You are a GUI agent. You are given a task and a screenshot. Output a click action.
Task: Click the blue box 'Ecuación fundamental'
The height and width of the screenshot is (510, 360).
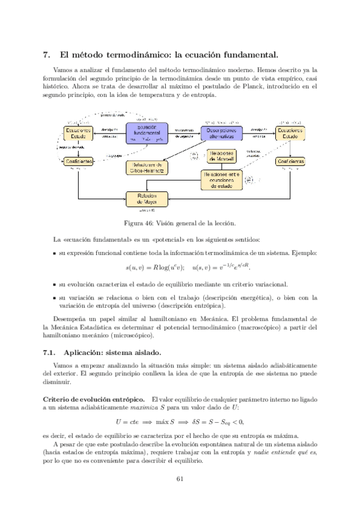pos(147,133)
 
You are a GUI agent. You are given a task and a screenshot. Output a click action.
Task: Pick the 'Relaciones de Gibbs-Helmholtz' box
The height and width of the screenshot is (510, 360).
pos(147,167)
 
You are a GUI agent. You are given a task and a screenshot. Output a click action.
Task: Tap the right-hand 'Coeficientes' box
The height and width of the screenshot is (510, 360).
pos(291,162)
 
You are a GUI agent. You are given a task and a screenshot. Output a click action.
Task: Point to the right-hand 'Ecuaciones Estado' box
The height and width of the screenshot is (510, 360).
pos(291,133)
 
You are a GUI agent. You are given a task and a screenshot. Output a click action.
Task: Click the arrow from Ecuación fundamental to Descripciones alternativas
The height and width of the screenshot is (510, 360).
pos(184,133)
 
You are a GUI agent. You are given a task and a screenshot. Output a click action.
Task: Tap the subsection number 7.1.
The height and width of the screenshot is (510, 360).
pos(50,352)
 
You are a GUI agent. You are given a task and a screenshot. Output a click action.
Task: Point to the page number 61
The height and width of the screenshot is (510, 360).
pos(180,479)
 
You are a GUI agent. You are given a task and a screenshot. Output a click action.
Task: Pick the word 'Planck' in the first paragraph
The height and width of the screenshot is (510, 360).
pos(272,87)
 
